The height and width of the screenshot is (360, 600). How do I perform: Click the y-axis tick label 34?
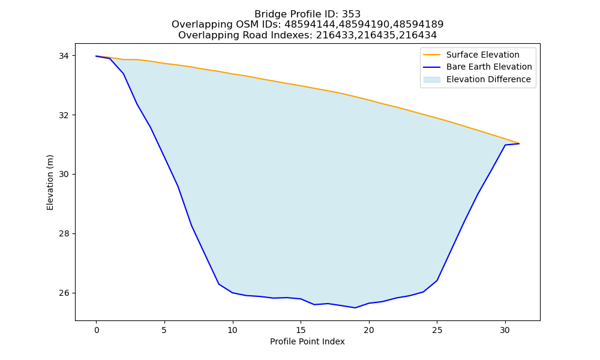[x=64, y=56]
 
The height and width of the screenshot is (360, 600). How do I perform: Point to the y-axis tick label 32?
[x=64, y=115]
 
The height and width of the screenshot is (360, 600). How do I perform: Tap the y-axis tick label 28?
[x=64, y=234]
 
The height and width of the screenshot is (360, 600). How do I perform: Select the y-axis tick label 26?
[x=64, y=293]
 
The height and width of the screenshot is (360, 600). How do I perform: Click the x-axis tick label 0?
[x=97, y=330]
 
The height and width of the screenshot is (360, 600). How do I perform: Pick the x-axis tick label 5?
[x=164, y=330]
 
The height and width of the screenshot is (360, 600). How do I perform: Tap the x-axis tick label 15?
[x=301, y=330]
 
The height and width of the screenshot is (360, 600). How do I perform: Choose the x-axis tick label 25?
[x=437, y=330]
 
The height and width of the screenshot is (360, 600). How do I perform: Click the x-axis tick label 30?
[x=505, y=330]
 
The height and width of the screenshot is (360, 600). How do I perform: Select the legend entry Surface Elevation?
[x=471, y=55]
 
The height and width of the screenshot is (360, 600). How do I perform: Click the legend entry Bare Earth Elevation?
[x=477, y=67]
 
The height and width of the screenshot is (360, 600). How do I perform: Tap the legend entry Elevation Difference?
[x=477, y=80]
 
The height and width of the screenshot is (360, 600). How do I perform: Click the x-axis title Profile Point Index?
[x=307, y=341]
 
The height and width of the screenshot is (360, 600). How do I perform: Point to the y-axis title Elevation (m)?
[x=50, y=182]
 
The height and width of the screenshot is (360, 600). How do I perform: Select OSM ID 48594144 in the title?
[x=308, y=25]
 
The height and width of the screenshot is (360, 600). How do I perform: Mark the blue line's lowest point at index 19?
[x=355, y=308]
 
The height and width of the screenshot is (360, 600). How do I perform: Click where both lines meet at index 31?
[x=519, y=143]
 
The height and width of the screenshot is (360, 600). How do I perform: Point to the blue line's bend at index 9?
[x=219, y=284]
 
